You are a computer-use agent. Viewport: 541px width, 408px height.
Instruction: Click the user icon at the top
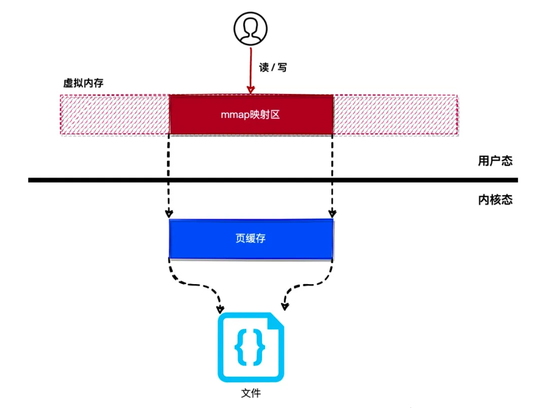pyautogui.click(x=251, y=27)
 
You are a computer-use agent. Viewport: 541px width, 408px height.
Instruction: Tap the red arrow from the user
pyautogui.click(x=251, y=70)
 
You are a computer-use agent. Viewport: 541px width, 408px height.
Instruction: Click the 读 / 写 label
pyautogui.click(x=273, y=68)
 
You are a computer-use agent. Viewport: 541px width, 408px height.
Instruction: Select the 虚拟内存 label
pyautogui.click(x=83, y=83)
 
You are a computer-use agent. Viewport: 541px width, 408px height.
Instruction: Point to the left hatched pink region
pyautogui.click(x=115, y=115)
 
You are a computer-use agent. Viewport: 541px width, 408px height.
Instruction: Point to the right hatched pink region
pyautogui.click(x=395, y=115)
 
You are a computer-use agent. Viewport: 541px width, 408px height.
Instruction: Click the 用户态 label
pyautogui.click(x=495, y=161)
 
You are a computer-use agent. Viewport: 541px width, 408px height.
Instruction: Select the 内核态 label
pyautogui.click(x=495, y=200)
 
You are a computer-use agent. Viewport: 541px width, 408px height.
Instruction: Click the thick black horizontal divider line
pyautogui.click(x=100, y=180)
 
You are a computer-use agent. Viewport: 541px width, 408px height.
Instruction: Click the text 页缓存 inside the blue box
pyautogui.click(x=251, y=239)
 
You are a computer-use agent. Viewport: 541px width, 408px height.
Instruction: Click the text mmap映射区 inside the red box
pyautogui.click(x=251, y=115)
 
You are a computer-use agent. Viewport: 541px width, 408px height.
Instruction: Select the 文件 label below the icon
pyautogui.click(x=251, y=394)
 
